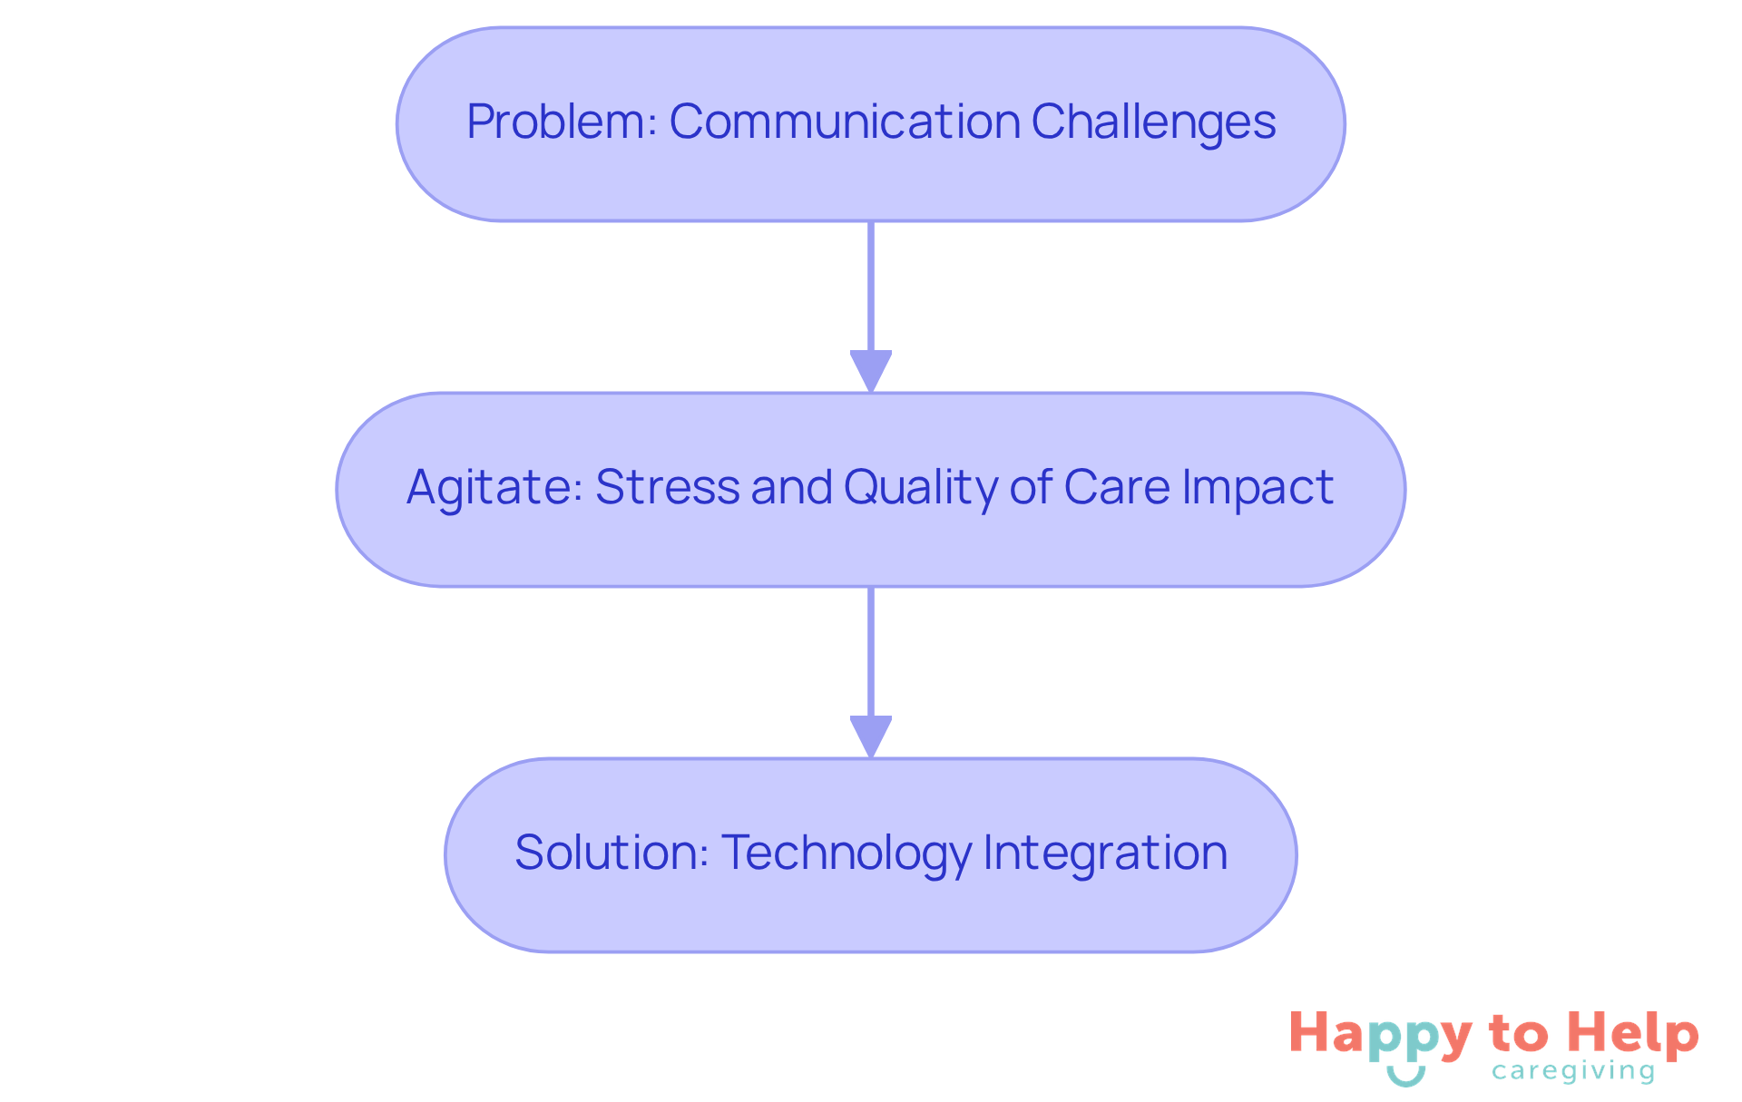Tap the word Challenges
[1153, 122]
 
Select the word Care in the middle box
[1117, 487]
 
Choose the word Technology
[847, 853]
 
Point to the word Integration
[1104, 853]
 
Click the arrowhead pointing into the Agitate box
[871, 371]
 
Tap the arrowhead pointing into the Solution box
[871, 736]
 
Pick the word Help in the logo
[1633, 1034]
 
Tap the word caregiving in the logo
[1573, 1072]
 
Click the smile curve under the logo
[1406, 1077]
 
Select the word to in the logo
[1518, 1035]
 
